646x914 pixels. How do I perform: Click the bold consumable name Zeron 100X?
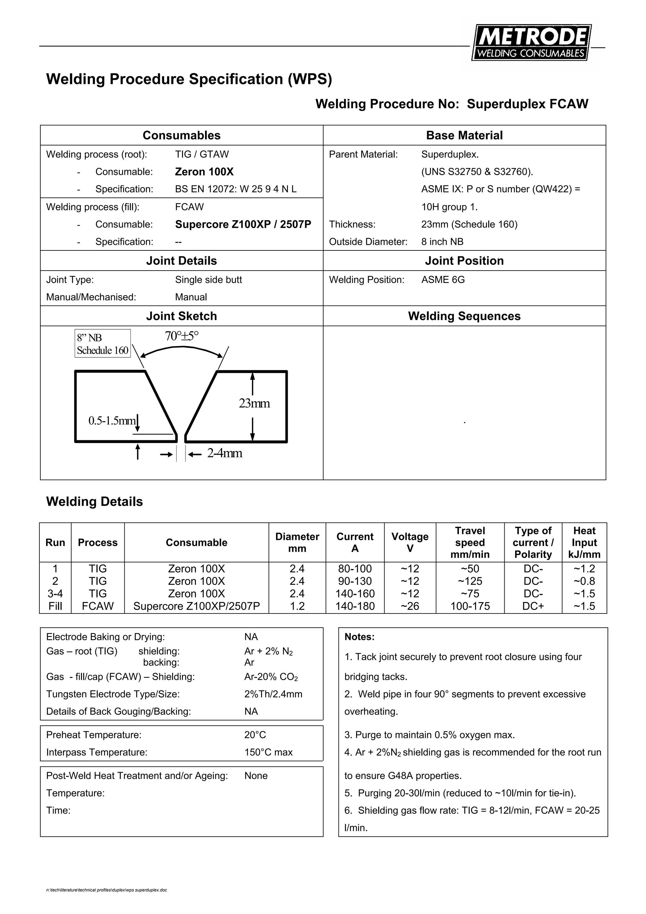[x=204, y=172]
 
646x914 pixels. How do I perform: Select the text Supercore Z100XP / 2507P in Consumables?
[x=243, y=224]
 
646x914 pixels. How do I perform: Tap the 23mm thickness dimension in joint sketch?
[x=254, y=403]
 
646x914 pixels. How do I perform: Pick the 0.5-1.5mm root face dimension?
[x=112, y=420]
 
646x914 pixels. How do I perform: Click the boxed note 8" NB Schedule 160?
[x=102, y=343]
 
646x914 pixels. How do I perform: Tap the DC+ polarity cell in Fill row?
[x=533, y=606]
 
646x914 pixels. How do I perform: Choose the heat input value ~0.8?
[x=584, y=581]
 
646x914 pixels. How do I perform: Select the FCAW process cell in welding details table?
[x=97, y=606]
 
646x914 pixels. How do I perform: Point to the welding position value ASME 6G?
[x=443, y=279]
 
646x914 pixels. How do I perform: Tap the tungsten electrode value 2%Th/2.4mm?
[x=273, y=694]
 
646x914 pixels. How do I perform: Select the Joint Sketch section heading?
[x=181, y=316]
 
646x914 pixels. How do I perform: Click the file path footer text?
[x=107, y=890]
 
